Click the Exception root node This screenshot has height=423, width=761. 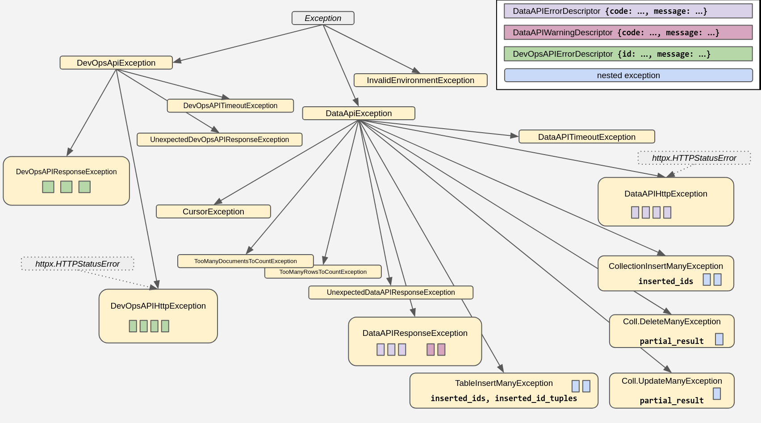pyautogui.click(x=323, y=18)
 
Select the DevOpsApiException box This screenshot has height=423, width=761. pyautogui.click(x=116, y=63)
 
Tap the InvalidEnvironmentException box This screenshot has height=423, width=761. pyautogui.click(x=420, y=80)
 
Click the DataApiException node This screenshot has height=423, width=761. pyautogui.click(x=359, y=113)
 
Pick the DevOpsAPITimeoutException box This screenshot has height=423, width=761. pyautogui.click(x=230, y=106)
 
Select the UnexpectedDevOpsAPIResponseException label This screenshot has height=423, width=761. pyautogui.click(x=219, y=140)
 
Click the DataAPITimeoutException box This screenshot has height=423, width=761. pyautogui.click(x=586, y=137)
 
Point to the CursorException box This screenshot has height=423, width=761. pyautogui.click(x=213, y=212)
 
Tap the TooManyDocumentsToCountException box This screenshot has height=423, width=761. pyautogui.click(x=245, y=261)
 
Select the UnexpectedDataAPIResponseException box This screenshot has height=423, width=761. pyautogui.click(x=391, y=293)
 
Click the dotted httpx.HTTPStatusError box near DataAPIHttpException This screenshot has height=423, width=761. pyautogui.click(x=694, y=158)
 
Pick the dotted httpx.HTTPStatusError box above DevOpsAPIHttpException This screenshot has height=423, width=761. pyautogui.click(x=77, y=264)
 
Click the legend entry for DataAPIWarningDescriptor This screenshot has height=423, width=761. pyautogui.click(x=628, y=33)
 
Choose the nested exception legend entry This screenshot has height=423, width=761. pyautogui.click(x=628, y=75)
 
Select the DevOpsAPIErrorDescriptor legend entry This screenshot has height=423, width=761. pyautogui.click(x=628, y=54)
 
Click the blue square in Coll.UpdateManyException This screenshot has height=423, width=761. pyautogui.click(x=716, y=394)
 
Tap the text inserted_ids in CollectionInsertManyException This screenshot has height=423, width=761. pyautogui.click(x=665, y=281)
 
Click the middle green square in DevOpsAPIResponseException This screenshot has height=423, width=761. pyautogui.click(x=66, y=187)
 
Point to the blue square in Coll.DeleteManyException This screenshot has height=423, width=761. pyautogui.click(x=719, y=339)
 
